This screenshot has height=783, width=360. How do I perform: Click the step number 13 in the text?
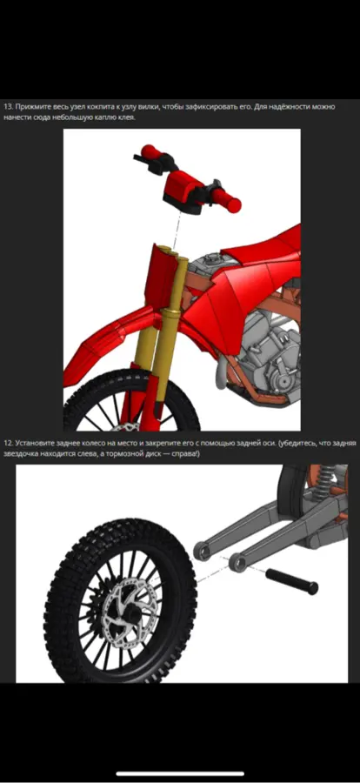tap(7, 107)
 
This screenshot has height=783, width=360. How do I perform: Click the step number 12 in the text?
tap(7, 443)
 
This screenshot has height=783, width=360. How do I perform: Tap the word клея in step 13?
tap(125, 117)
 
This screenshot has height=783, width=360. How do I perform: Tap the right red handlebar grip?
tap(230, 200)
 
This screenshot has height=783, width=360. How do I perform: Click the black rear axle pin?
tap(291, 581)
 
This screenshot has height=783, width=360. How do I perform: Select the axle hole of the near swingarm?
tap(237, 563)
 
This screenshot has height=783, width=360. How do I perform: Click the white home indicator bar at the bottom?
tap(180, 773)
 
